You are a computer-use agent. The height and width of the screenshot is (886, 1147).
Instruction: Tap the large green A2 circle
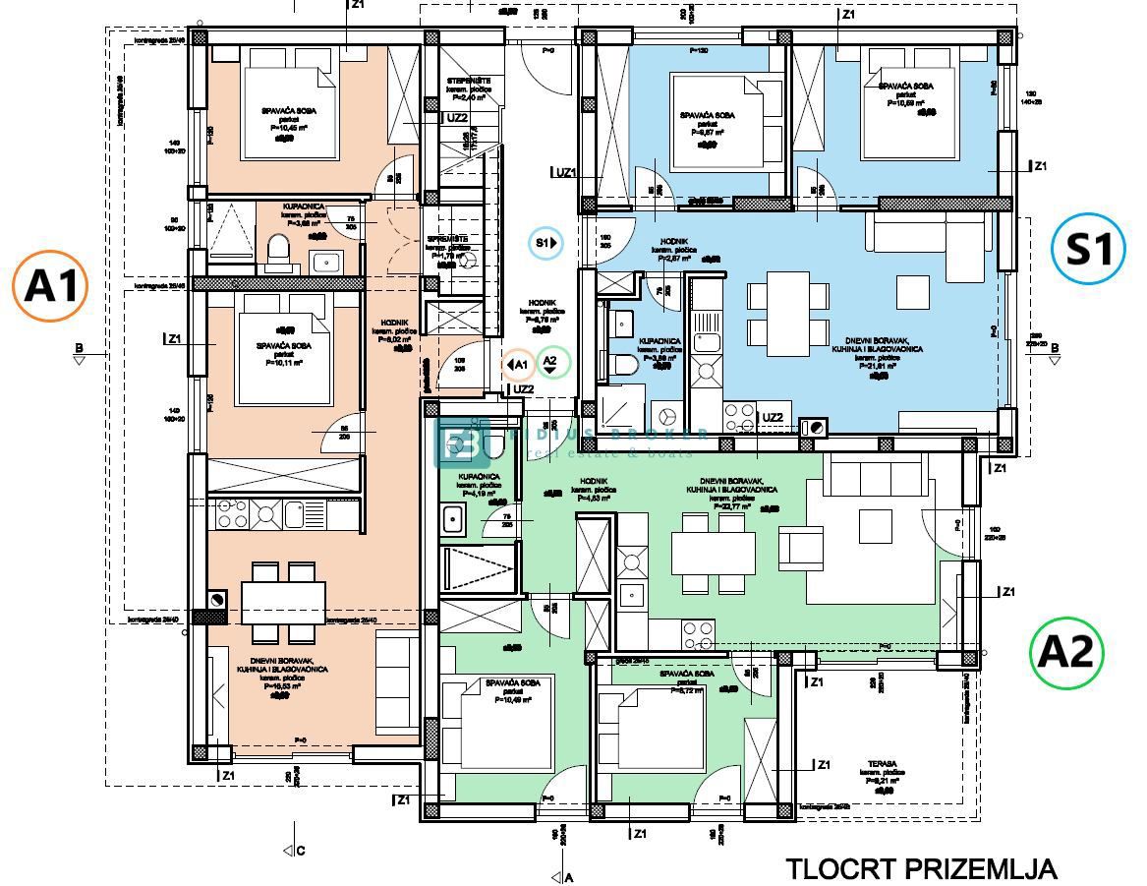pyautogui.click(x=1067, y=652)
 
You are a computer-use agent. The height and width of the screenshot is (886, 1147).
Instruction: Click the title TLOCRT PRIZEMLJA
pyautogui.click(x=921, y=869)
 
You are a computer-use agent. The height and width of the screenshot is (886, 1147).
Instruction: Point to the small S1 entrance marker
pyautogui.click(x=545, y=242)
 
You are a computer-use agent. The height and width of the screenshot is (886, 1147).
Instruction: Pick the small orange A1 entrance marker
pyautogui.click(x=519, y=366)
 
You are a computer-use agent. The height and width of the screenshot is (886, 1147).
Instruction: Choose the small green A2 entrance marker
pyautogui.click(x=551, y=364)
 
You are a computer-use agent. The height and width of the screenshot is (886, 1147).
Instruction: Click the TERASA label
pyautogui.click(x=882, y=762)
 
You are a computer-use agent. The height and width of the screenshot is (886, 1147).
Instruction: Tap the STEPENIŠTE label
pyautogui.click(x=463, y=82)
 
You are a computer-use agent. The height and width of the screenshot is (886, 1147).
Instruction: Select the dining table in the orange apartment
pyautogui.click(x=283, y=599)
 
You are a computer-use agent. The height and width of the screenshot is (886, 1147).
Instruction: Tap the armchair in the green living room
pyautogui.click(x=801, y=547)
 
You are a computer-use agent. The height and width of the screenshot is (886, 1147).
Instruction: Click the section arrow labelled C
pyautogui.click(x=290, y=851)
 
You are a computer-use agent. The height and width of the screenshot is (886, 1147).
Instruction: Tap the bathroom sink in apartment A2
pyautogui.click(x=453, y=517)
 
